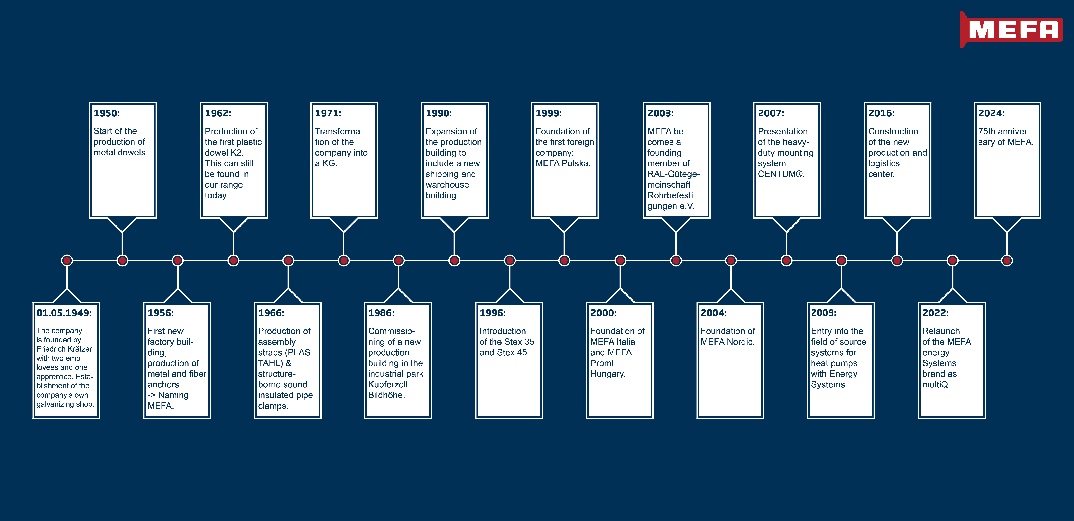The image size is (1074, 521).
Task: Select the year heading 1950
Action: click(107, 113)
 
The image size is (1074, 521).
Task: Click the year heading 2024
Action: click(992, 113)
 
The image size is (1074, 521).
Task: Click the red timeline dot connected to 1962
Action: click(233, 261)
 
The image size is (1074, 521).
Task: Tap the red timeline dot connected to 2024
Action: click(1007, 261)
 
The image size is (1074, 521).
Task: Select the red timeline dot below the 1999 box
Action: click(564, 261)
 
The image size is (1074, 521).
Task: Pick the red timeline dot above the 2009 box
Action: click(841, 261)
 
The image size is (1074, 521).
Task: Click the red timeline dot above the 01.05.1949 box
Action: click(67, 261)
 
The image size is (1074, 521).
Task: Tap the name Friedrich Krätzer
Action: click(64, 349)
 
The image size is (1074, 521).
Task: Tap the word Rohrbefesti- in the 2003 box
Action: click(671, 195)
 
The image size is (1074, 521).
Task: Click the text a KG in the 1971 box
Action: click(325, 163)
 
